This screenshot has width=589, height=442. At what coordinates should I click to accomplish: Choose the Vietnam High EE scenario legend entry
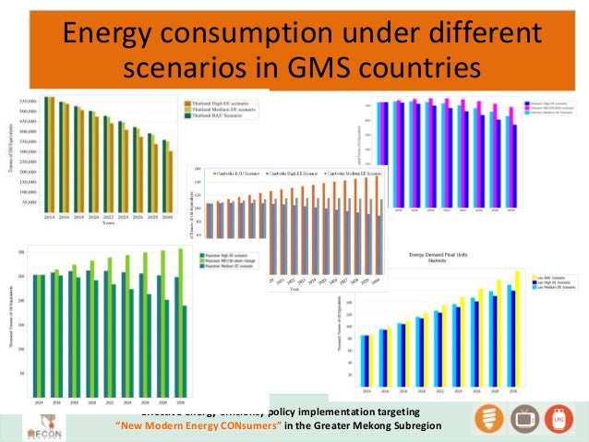pyautogui.click(x=552, y=105)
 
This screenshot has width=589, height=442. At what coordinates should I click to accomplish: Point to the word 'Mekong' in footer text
pyautogui.click(x=360, y=425)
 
